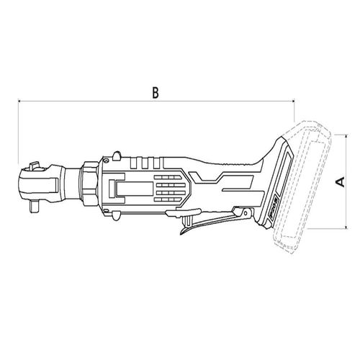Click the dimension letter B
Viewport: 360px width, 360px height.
[x=156, y=93]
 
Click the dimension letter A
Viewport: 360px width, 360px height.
[x=340, y=181]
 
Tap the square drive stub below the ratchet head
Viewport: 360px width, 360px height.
[x=35, y=207]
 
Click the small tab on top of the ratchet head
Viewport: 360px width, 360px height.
[x=34, y=166]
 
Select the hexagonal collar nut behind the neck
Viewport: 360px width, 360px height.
[x=90, y=184]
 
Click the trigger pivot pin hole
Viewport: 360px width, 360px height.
[x=246, y=213]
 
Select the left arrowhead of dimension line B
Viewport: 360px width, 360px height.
[x=20, y=102]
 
